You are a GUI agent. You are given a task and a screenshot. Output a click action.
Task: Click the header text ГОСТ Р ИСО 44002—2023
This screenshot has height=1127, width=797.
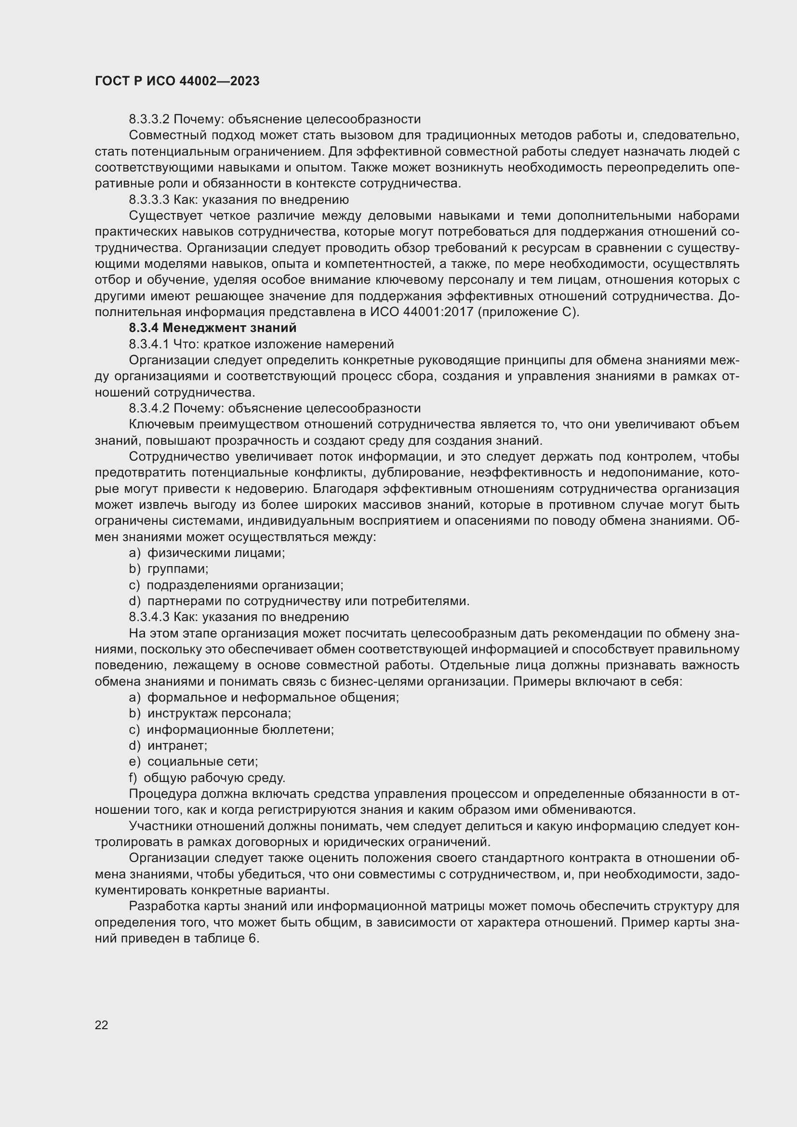tap(177, 81)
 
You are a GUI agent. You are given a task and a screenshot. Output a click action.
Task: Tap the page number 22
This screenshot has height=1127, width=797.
tap(102, 1025)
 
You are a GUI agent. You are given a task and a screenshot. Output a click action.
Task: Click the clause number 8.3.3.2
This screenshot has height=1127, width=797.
tap(149, 119)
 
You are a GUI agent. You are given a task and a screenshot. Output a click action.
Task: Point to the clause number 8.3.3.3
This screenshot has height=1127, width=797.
tap(149, 200)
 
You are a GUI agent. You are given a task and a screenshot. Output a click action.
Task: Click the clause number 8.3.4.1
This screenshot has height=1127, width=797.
tap(149, 344)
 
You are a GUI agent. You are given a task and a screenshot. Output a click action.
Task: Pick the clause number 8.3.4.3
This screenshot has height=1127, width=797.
tap(149, 617)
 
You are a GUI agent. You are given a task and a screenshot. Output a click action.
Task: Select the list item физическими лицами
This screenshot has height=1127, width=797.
tap(216, 553)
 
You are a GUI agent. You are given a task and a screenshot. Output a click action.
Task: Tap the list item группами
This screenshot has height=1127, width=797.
tap(178, 569)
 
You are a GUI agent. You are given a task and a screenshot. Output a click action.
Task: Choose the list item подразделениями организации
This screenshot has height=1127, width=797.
tap(245, 585)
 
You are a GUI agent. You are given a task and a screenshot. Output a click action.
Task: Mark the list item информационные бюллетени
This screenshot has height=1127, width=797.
tap(240, 729)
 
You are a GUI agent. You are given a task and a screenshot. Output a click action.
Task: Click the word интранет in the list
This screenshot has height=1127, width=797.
tap(177, 745)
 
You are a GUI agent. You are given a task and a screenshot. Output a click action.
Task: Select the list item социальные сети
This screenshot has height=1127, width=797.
tap(203, 762)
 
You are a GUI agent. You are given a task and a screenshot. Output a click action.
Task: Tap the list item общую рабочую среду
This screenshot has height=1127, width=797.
tap(214, 778)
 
